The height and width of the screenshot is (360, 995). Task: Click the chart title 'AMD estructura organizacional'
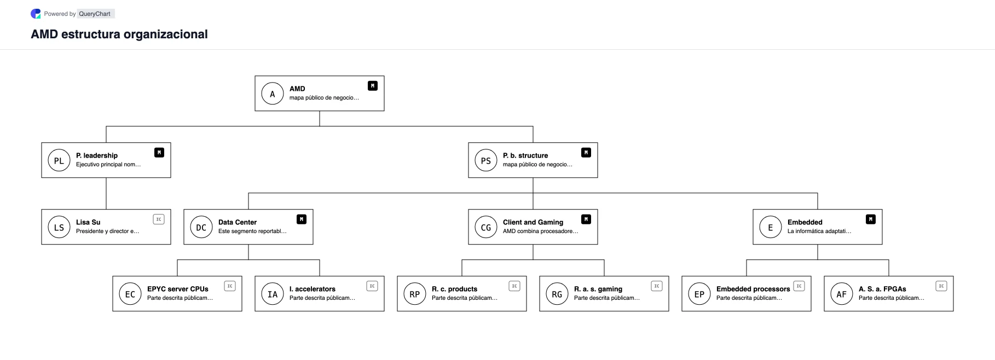(x=119, y=34)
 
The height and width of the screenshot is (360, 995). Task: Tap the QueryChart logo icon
(x=36, y=14)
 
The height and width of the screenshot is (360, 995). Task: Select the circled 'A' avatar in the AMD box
(x=273, y=94)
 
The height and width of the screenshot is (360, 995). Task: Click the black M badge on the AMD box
(x=373, y=86)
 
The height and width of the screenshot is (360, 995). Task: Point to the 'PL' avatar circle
(x=59, y=160)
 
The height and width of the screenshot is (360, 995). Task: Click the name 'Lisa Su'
(x=88, y=222)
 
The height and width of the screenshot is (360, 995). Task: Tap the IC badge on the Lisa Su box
(x=159, y=219)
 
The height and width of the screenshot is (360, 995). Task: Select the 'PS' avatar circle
(x=486, y=160)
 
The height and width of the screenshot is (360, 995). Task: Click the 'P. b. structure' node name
(x=525, y=155)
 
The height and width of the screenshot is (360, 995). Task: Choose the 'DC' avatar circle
(x=201, y=227)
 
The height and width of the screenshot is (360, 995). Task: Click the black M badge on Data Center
(x=302, y=219)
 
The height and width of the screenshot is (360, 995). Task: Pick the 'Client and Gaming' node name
(x=533, y=222)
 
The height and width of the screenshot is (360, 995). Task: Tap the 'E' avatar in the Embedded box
(x=771, y=227)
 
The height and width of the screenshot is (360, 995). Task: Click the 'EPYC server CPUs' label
(x=178, y=289)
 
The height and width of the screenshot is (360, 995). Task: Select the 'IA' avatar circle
(x=273, y=294)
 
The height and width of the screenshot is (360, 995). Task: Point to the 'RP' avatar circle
(x=415, y=294)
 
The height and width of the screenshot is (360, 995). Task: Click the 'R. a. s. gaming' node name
(x=598, y=289)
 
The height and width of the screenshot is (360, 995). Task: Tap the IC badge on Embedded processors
(x=799, y=286)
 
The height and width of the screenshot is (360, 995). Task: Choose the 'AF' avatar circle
(x=842, y=294)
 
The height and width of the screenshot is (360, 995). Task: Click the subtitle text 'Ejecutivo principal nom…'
(x=108, y=164)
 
